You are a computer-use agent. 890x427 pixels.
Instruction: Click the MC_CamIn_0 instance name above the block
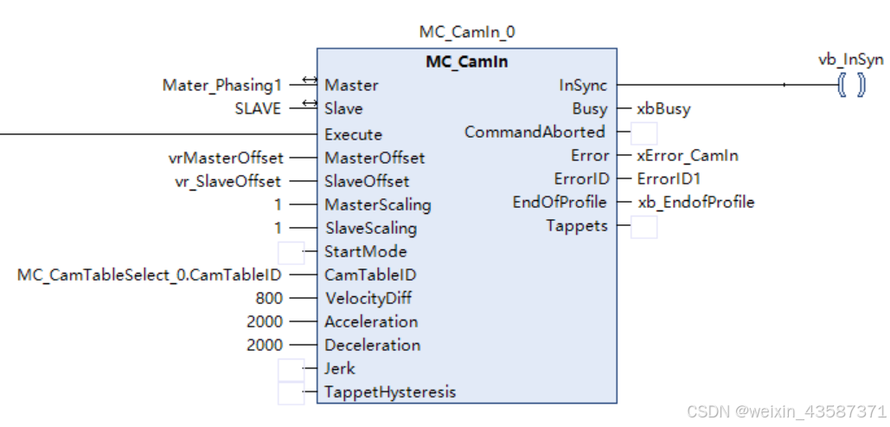467,33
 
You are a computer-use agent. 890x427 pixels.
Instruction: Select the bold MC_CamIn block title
467,62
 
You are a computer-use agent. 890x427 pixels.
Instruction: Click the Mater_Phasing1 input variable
222,85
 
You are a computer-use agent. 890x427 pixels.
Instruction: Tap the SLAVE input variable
258,108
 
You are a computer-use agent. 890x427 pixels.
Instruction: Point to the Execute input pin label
353,134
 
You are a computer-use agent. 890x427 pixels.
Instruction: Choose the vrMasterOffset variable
225,158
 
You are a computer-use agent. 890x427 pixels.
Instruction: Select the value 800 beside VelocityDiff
269,298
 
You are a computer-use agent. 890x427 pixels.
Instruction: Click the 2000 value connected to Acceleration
265,321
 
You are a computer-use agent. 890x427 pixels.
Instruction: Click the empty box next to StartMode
291,252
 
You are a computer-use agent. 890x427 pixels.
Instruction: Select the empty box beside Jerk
291,369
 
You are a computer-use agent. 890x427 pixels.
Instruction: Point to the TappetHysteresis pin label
389,391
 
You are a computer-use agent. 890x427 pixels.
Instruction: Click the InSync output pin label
583,85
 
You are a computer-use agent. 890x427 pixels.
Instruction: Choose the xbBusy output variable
663,109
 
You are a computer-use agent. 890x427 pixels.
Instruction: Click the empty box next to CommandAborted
643,133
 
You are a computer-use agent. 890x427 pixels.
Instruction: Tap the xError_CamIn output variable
688,156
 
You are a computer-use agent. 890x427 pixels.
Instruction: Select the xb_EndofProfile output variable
695,202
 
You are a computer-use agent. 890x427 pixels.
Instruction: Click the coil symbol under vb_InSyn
851,86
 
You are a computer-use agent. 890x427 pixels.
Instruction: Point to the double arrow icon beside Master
309,82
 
